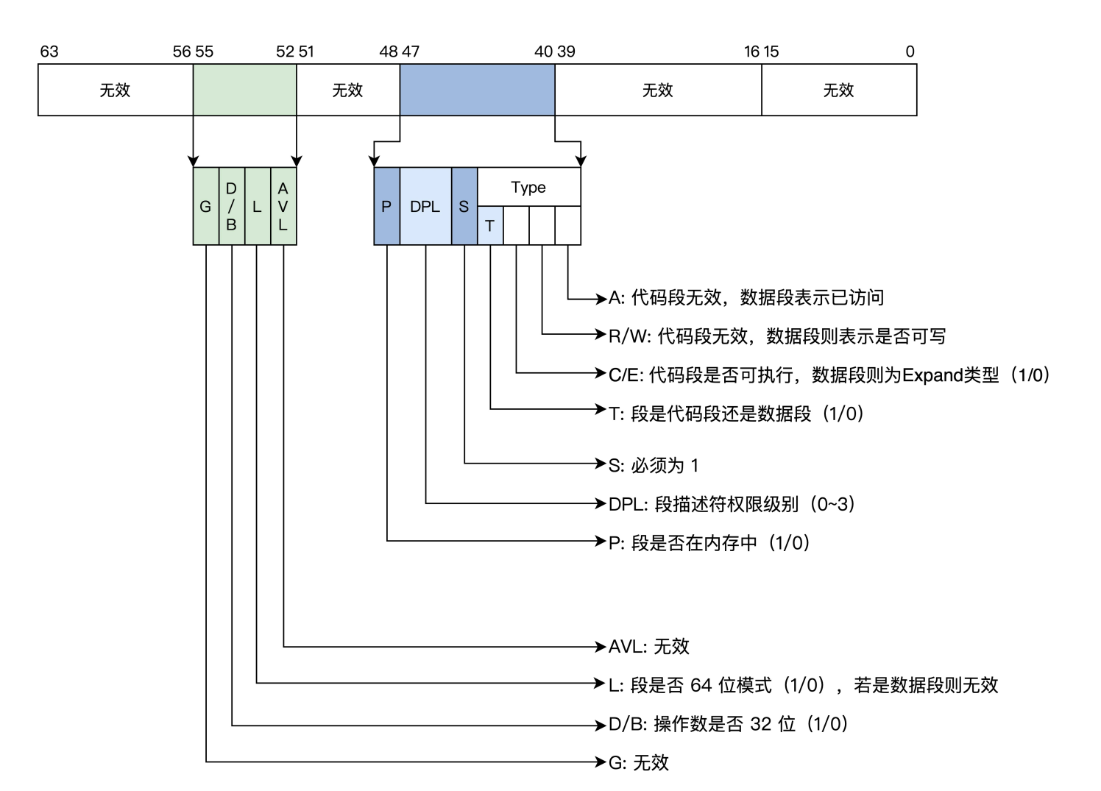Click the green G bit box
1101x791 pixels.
[205, 207]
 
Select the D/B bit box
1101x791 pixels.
[231, 207]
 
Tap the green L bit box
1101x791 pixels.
[257, 207]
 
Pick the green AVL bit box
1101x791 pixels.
[283, 207]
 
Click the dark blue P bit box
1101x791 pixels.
[386, 207]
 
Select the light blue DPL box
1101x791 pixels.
[425, 207]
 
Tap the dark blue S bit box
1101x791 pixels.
[464, 207]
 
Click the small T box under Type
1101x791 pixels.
[490, 226]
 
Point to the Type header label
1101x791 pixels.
[528, 188]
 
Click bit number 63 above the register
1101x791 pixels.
[49, 52]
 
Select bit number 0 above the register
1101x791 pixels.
[910, 52]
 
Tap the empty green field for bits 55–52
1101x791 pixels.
[244, 90]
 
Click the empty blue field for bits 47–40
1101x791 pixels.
[477, 90]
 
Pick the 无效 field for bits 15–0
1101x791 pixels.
[838, 90]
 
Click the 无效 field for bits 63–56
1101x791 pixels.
[115, 90]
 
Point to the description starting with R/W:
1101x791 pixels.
[776, 336]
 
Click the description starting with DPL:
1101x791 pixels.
[732, 504]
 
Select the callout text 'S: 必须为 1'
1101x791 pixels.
[653, 465]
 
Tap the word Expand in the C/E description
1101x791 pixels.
[932, 375]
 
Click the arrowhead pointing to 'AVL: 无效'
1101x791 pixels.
[601, 647]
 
